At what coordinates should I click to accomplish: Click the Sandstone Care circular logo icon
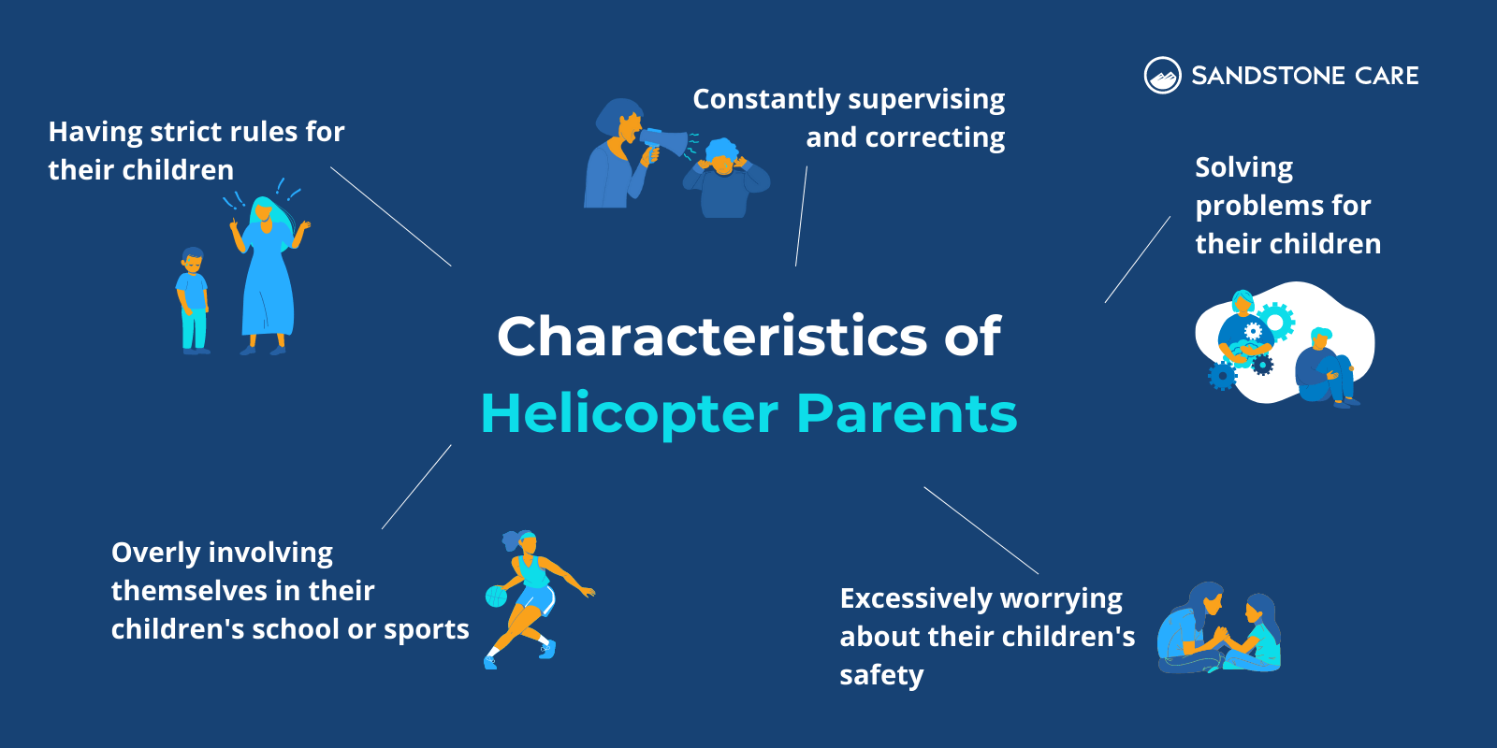coord(1162,76)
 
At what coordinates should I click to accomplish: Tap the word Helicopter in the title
coord(629,413)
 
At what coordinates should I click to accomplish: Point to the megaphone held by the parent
coord(666,143)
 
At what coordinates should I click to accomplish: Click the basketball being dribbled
coord(496,597)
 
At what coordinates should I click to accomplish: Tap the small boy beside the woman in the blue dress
coord(193,299)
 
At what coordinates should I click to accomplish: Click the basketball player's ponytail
coord(511,540)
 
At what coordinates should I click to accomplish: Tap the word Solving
coord(1243,168)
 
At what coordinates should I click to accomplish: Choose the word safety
coord(881,675)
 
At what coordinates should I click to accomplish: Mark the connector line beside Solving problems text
coord(1137,260)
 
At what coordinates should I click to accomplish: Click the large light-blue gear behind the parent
coord(1275,321)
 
